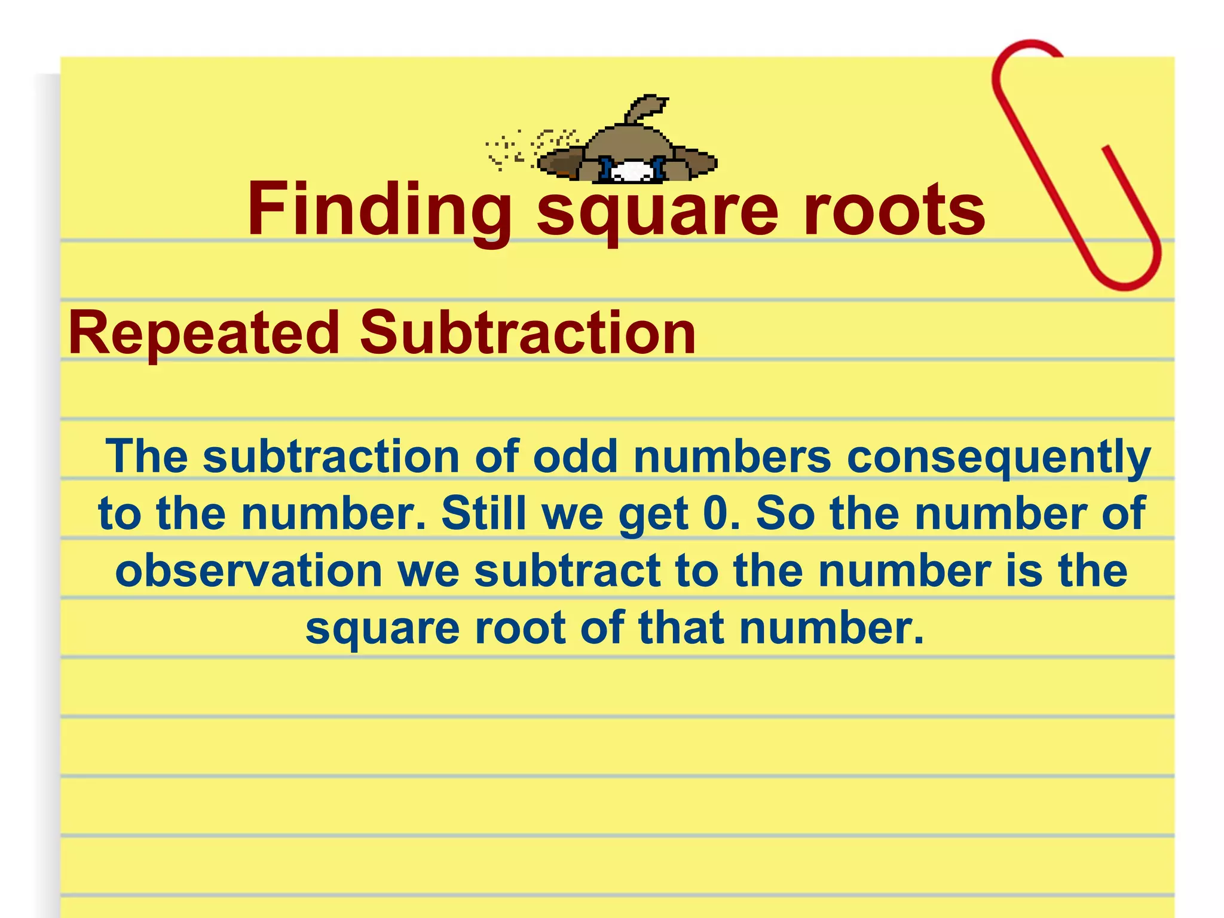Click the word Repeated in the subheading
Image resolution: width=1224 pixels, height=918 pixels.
pos(204,333)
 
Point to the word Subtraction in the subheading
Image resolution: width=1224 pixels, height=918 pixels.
pos(528,333)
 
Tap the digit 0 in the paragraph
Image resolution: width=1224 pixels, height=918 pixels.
pos(715,513)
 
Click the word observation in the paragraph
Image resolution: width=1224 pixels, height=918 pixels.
pos(249,571)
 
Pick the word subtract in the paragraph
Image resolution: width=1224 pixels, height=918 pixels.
pos(568,571)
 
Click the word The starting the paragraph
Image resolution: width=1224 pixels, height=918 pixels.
pos(147,457)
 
